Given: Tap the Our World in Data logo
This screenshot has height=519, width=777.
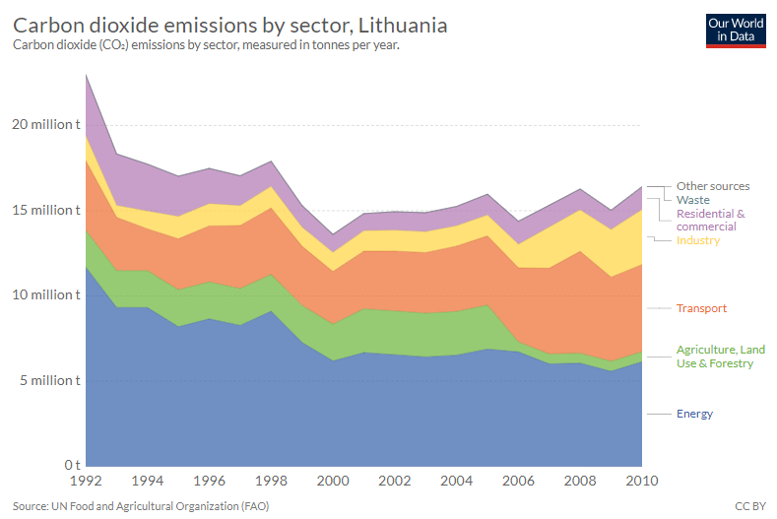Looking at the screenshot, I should pyautogui.click(x=736, y=30).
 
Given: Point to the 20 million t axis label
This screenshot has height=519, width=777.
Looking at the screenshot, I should pyautogui.click(x=45, y=125).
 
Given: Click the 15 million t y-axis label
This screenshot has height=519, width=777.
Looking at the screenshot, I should pyautogui.click(x=45, y=210).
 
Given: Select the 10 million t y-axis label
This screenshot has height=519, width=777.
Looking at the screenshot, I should pyautogui.click(x=45, y=294).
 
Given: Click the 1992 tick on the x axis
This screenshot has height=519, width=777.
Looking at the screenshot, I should pyautogui.click(x=87, y=482).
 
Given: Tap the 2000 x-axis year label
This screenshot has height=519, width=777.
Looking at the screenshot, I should pyautogui.click(x=334, y=482).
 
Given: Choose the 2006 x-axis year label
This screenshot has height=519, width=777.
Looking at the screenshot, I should pyautogui.click(x=519, y=482).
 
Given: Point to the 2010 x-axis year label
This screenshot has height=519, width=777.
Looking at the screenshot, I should pyautogui.click(x=641, y=482).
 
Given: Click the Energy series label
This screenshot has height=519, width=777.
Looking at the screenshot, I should pyautogui.click(x=694, y=414).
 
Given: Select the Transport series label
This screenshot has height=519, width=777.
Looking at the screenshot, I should pyautogui.click(x=701, y=308).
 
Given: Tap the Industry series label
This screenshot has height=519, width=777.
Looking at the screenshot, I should pyautogui.click(x=698, y=240).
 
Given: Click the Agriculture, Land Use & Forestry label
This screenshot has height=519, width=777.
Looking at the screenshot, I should pyautogui.click(x=720, y=357).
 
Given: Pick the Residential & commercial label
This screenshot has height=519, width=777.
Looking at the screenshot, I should pyautogui.click(x=710, y=220).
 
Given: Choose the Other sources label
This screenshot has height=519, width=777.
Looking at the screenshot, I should pyautogui.click(x=713, y=186).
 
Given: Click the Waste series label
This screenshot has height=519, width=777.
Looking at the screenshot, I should pyautogui.click(x=692, y=200).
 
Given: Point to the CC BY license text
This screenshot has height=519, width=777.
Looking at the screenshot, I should pyautogui.click(x=750, y=505).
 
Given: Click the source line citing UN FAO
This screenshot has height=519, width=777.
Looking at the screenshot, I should pyautogui.click(x=141, y=505).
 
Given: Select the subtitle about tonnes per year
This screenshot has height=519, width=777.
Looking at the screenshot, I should pyautogui.click(x=207, y=45).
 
